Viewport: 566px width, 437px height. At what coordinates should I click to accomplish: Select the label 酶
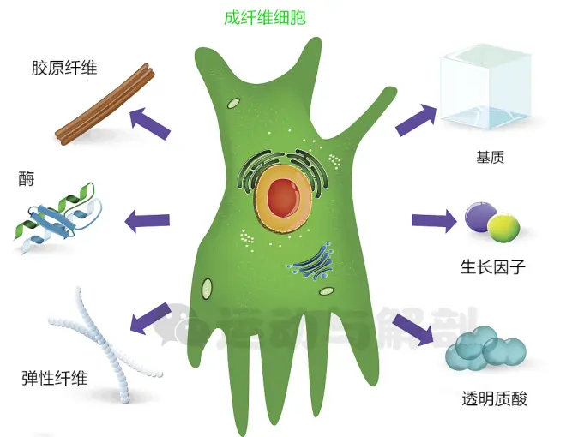[26, 181]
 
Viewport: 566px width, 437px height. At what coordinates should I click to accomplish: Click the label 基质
[494, 159]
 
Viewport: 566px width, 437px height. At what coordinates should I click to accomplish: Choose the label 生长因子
[492, 267]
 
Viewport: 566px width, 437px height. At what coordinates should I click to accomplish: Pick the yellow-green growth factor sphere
[503, 226]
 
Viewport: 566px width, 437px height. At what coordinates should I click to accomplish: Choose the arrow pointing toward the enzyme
[147, 221]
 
